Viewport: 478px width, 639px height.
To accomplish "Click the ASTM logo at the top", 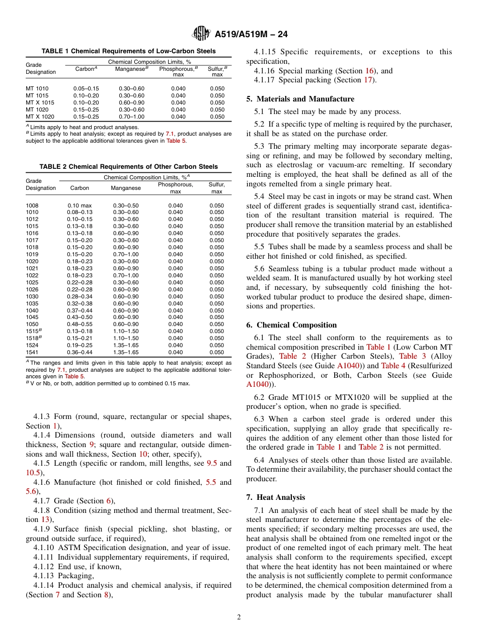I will (x=201, y=34).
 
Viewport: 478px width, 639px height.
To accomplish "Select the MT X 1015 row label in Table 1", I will (x=40, y=102).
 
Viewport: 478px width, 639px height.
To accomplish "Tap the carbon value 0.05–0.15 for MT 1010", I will (x=86, y=88).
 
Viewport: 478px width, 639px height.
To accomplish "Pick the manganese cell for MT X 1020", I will (x=131, y=117).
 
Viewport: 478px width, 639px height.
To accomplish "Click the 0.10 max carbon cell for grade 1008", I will (x=79, y=205).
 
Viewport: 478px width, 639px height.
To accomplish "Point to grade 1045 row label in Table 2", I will (x=32, y=317).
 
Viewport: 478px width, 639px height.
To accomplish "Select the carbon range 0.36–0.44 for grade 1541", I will (x=79, y=352).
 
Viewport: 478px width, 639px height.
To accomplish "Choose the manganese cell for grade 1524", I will (x=126, y=345).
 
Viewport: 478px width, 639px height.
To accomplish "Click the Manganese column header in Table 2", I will (x=126, y=188).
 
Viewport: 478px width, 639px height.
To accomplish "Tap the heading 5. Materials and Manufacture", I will (x=300, y=99).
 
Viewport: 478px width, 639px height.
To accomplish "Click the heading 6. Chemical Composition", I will (x=291, y=325).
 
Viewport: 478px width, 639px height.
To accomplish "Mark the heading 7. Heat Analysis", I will (x=276, y=497).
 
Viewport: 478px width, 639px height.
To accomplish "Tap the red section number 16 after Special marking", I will (x=369, y=71).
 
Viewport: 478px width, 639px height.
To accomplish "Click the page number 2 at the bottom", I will (x=239, y=617).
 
